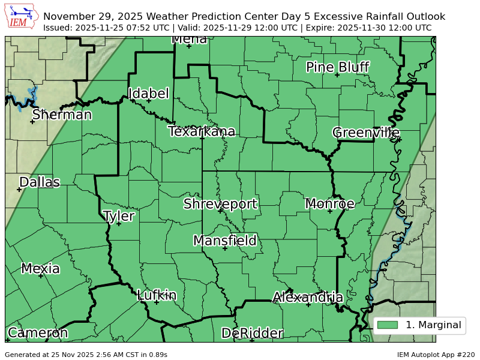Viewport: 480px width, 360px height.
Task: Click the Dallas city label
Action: (40, 182)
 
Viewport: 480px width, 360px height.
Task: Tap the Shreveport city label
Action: (220, 203)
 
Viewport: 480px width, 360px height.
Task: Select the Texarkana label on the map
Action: (202, 131)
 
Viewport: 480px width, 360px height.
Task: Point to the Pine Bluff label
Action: (337, 67)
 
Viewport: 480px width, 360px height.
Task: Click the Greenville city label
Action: (366, 132)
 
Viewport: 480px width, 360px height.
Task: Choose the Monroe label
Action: (329, 203)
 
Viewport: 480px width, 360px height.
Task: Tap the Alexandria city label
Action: (308, 297)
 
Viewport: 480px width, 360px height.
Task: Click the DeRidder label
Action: (252, 333)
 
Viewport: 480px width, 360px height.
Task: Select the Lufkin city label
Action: (157, 295)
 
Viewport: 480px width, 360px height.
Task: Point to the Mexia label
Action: (40, 268)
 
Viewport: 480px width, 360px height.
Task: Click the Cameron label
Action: (37, 333)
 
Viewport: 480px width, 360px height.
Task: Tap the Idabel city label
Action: (148, 94)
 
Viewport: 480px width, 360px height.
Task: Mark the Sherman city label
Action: (62, 114)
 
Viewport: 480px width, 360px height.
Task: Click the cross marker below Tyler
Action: (119, 224)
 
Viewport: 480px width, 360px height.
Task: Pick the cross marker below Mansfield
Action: (225, 248)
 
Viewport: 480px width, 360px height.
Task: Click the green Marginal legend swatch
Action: (388, 325)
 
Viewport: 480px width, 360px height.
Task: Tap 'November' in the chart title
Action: (69, 16)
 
